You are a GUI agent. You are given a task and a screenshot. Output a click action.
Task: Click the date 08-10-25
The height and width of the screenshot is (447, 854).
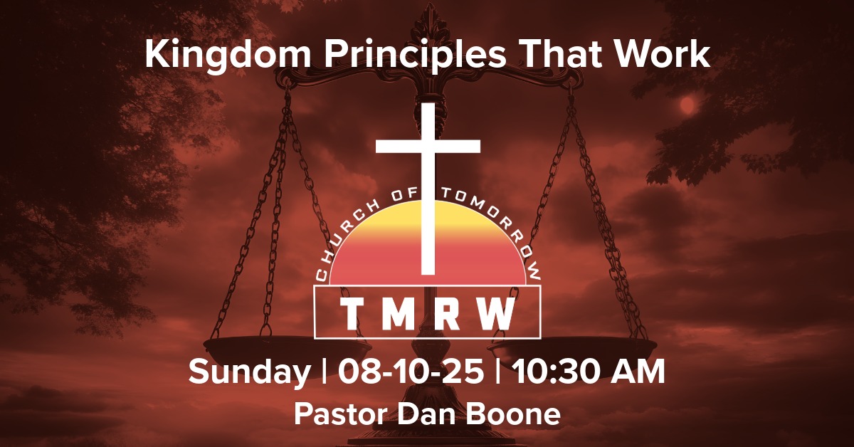411,372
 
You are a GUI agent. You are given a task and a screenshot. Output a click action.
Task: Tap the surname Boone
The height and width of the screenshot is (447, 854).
515,415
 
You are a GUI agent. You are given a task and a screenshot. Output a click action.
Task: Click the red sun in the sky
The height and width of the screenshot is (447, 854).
687,105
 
